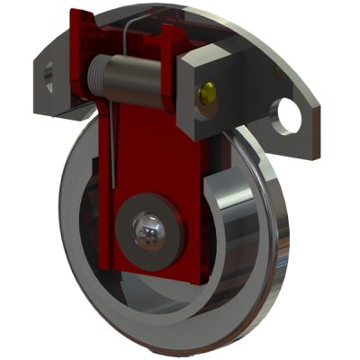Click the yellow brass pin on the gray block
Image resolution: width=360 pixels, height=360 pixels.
pyautogui.click(x=209, y=90)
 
